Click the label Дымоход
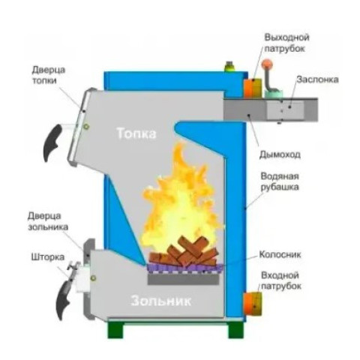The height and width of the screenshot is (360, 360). pos(280,154)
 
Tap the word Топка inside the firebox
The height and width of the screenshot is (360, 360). pos(136,133)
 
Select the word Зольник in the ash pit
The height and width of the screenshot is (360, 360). pos(161,301)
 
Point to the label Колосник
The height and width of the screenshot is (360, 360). pos(280,254)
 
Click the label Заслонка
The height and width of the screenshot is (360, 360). pos(317,79)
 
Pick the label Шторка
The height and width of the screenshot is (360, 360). pos(48,257)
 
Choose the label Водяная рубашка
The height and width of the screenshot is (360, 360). pos(280,181)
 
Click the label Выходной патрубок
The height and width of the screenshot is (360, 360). pos(286,43)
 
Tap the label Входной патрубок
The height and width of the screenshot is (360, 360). pos(281,280)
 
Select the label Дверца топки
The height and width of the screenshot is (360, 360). pos(48,75)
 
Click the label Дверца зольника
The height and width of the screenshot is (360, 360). pos(47,221)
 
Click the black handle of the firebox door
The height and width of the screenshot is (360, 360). pos(52,142)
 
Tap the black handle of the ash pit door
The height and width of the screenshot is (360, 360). pos(64,300)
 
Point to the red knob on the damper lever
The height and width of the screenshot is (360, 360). pos(267,64)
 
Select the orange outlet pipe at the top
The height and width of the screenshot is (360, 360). pos(253,88)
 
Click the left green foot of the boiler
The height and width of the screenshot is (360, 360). pos(115,330)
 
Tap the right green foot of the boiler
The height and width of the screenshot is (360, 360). pos(235,330)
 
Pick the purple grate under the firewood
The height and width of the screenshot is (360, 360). pos(184,268)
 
